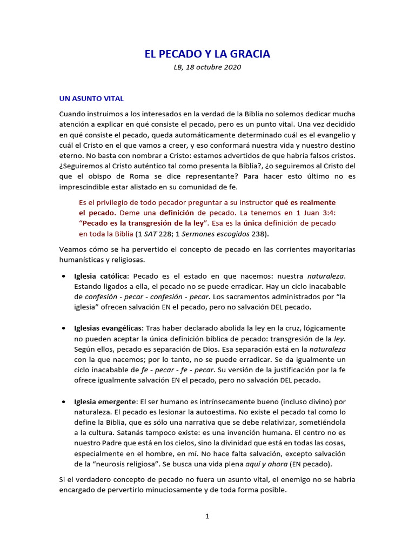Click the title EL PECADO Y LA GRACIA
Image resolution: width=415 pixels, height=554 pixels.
click(x=207, y=54)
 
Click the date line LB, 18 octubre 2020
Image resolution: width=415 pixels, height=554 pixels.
click(x=207, y=68)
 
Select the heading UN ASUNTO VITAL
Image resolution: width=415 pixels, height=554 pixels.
click(x=91, y=98)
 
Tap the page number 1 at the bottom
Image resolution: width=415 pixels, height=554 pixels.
click(x=207, y=516)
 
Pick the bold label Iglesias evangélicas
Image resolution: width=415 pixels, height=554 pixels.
click(x=108, y=328)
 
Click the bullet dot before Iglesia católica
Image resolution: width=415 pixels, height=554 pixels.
click(x=64, y=276)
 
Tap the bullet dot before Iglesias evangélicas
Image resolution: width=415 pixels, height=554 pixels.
click(x=64, y=329)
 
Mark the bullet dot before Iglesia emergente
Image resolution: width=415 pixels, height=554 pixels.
click(x=64, y=402)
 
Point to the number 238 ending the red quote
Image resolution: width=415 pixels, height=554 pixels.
click(x=258, y=234)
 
